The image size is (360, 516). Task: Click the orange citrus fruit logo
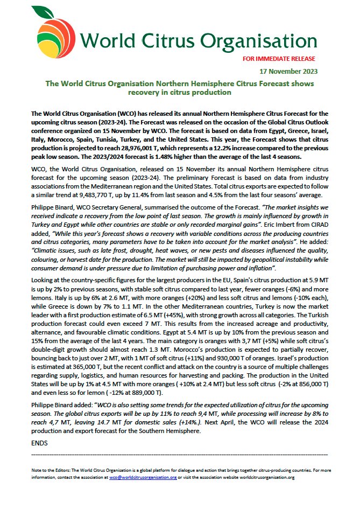[54, 40]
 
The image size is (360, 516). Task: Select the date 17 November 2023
[290, 71]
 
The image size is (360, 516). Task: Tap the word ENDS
[40, 443]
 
